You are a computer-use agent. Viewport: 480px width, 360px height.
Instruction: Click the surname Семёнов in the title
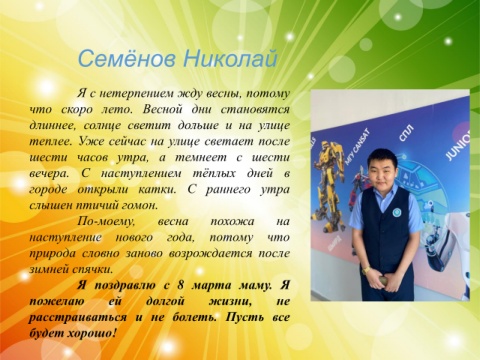tap(128, 58)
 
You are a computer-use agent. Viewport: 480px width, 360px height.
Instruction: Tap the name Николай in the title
tap(230, 58)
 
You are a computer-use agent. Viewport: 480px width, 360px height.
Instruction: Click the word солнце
tap(102, 125)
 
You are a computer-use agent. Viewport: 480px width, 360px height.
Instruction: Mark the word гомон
tap(140, 205)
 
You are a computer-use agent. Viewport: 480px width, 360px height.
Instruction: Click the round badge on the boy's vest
tap(397, 211)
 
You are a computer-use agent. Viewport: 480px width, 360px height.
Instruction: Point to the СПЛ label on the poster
tap(406, 133)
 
